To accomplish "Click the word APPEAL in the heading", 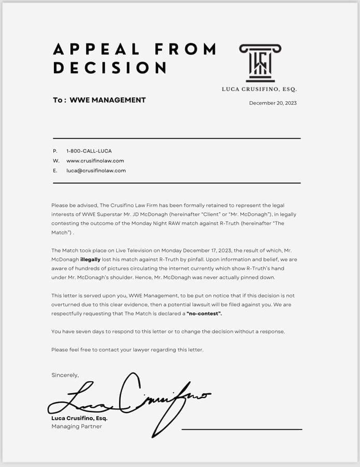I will point(96,49).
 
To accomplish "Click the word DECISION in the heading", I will point(109,68).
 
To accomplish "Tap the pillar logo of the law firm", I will point(260,62).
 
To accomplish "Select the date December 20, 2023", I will point(273,103).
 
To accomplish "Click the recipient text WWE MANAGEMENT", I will point(107,100).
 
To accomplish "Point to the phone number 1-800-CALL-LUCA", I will point(89,151).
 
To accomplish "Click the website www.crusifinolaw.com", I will point(95,161).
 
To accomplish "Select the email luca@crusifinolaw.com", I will point(96,171).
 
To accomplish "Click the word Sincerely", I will point(65,375).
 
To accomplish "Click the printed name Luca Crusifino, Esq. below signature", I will point(79,418).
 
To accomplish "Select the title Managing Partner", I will point(77,427).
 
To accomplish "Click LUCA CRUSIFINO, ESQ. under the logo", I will point(259,89).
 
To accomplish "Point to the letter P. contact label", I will point(55,151).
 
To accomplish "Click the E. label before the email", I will point(55,171).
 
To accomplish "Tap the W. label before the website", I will point(56,161).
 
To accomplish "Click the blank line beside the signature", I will point(242,429).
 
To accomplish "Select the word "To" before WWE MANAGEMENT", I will point(58,100).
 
